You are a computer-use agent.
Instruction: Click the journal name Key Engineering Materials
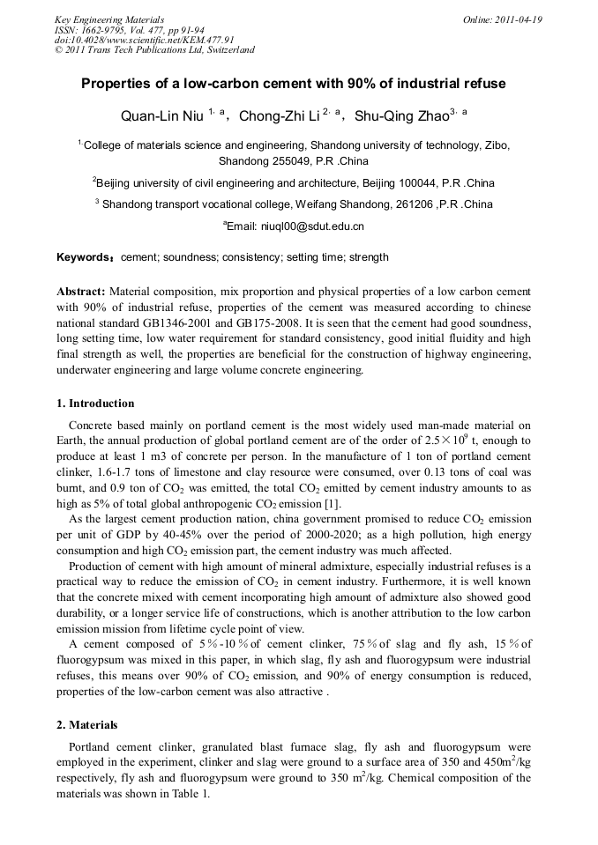(x=109, y=19)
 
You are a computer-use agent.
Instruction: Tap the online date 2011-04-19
(x=515, y=19)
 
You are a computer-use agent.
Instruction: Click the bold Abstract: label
(x=81, y=291)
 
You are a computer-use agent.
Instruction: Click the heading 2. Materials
(x=86, y=725)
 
